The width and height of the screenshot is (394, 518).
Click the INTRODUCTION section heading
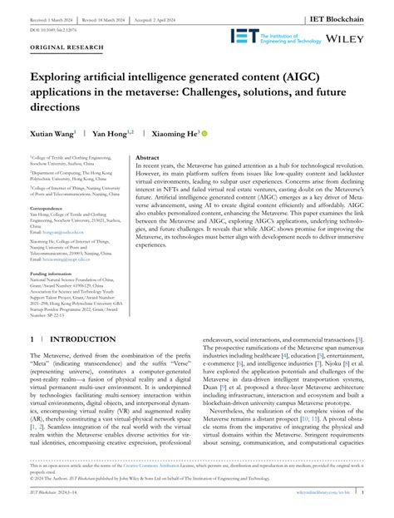pyautogui.click(x=83, y=341)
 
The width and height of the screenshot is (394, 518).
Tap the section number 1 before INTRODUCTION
pyautogui.click(x=32, y=341)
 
